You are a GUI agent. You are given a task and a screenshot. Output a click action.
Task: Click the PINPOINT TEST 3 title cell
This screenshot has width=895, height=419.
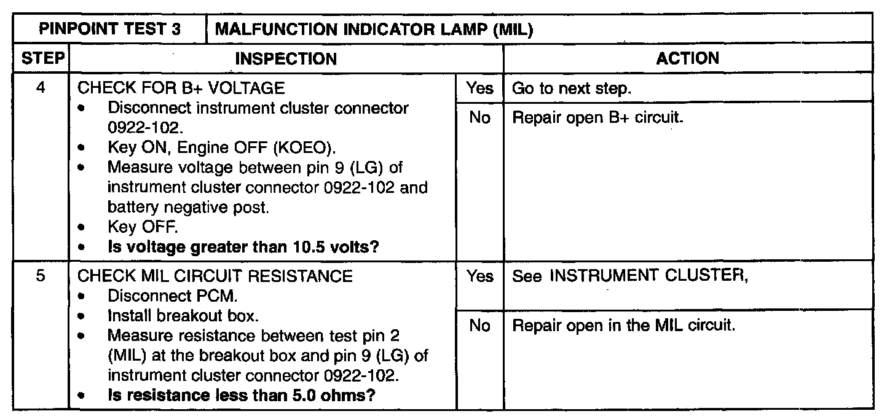pos(109,29)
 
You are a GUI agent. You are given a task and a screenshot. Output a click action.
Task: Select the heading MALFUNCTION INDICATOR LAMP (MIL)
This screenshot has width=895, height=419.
pos(374,29)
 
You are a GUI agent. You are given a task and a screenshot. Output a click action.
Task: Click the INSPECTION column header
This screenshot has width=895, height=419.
pos(286,59)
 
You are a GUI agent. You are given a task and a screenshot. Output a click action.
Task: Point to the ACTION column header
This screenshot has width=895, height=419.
pos(687,59)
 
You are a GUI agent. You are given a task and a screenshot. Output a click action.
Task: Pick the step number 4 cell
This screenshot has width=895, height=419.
pos(41,88)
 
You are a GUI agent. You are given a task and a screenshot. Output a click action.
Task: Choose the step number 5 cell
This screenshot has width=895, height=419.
pos(41,276)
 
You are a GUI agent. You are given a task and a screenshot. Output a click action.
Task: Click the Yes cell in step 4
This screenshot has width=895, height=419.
pos(479,88)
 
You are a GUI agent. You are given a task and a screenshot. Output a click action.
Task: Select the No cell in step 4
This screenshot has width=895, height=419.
pos(479,117)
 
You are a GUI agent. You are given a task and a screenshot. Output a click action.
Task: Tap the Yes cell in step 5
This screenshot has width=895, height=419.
pos(479,276)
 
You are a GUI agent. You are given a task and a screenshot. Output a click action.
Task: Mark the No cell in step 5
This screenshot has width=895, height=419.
pos(479,326)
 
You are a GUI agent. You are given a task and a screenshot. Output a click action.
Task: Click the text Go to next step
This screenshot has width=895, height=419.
pos(572,88)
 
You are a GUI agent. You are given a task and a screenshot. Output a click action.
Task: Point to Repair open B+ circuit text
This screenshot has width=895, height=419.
pos(598,117)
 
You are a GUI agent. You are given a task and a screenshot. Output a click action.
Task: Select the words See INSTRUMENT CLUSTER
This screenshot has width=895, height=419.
pos(630,276)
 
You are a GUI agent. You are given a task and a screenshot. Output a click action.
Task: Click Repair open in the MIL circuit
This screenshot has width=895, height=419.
pos(624,326)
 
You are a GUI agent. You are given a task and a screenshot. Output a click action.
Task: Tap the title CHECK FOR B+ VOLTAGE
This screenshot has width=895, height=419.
pos(181,88)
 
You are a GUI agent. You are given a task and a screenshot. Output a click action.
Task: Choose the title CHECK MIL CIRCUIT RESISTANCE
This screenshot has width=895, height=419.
pos(215,276)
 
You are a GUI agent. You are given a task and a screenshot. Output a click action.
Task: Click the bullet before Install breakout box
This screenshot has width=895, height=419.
pos(82,318)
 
